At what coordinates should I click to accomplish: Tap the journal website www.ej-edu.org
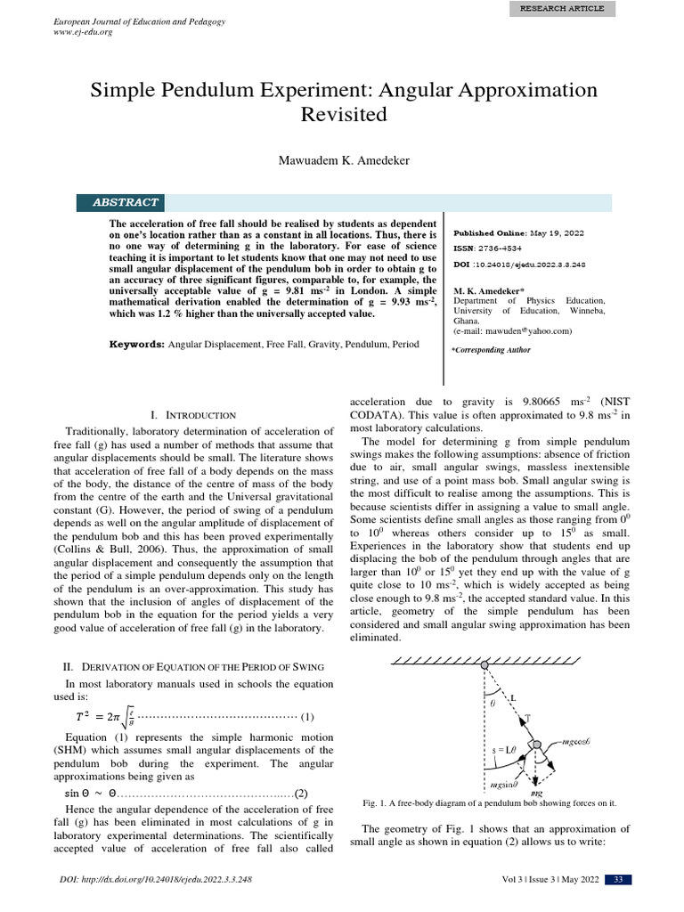point(83,32)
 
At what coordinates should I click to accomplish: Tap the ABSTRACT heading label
point(126,203)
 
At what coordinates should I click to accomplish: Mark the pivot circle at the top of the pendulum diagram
point(484,665)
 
